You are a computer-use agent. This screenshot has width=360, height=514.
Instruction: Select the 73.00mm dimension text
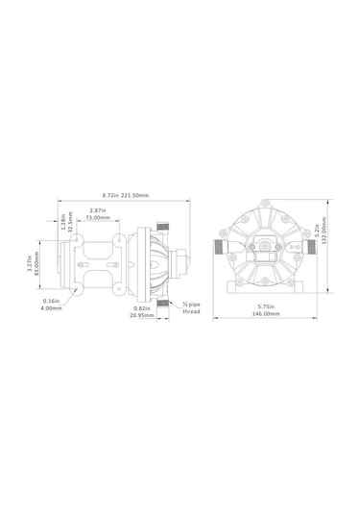coord(97,218)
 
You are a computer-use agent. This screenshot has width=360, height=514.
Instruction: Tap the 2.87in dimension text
coord(97,209)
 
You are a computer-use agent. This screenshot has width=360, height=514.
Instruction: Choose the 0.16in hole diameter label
coord(53,301)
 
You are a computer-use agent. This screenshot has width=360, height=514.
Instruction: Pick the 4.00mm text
coord(53,308)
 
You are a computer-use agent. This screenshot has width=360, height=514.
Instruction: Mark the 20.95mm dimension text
coord(140,317)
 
